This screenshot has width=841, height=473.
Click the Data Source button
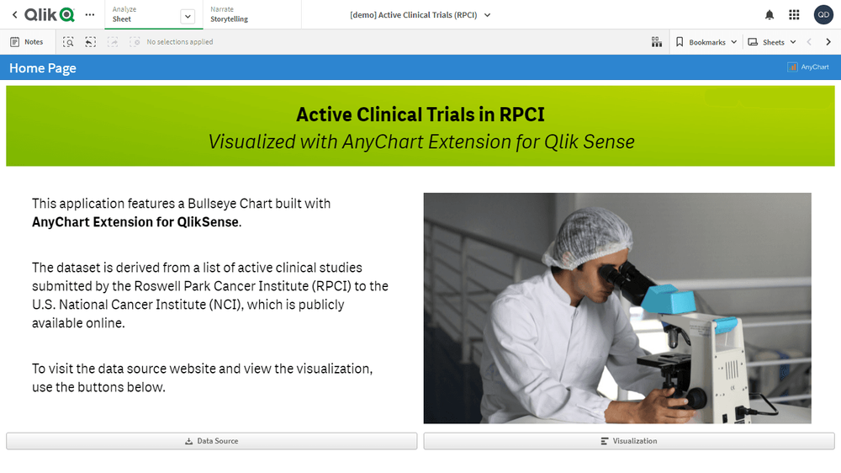pyautogui.click(x=211, y=441)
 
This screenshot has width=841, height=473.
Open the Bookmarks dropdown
pyautogui.click(x=706, y=42)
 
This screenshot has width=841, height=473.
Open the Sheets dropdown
pyautogui.click(x=772, y=42)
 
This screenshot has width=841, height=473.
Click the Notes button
pyautogui.click(x=27, y=42)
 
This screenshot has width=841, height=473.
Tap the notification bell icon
pyautogui.click(x=770, y=15)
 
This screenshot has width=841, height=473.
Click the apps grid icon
pyautogui.click(x=795, y=15)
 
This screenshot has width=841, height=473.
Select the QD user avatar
pyautogui.click(x=823, y=15)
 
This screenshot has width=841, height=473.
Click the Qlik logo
pyautogui.click(x=50, y=14)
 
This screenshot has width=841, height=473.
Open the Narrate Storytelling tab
pyautogui.click(x=229, y=14)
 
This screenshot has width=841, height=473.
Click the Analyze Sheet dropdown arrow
pyautogui.click(x=188, y=16)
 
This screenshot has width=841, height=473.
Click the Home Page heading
pyautogui.click(x=43, y=68)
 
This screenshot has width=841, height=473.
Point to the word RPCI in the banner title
pyautogui.click(x=521, y=114)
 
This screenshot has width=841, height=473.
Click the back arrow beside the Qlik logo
pyautogui.click(x=14, y=15)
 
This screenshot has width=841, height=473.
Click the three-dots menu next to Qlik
pyautogui.click(x=90, y=15)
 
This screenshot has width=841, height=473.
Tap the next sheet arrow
pyautogui.click(x=828, y=42)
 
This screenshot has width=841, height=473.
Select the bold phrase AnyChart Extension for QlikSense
pyautogui.click(x=135, y=221)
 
